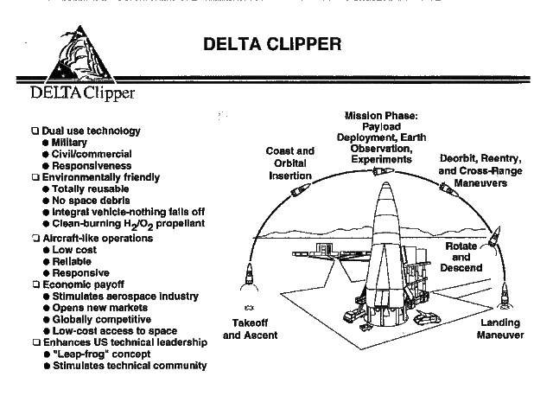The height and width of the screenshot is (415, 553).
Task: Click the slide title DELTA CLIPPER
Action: click(272, 43)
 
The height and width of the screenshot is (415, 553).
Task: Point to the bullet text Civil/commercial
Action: click(92, 154)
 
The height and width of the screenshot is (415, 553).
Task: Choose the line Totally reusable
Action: click(90, 188)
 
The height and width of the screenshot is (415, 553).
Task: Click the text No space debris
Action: click(92, 200)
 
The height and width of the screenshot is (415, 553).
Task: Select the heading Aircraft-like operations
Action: click(97, 238)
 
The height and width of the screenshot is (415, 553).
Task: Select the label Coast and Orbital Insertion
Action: click(289, 163)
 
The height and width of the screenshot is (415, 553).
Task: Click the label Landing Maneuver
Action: click(500, 329)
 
